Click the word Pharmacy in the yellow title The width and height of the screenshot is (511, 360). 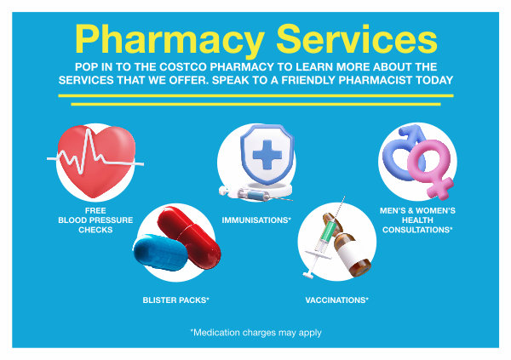169,40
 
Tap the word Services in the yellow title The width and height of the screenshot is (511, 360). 357,39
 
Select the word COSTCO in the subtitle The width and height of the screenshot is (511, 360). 183,66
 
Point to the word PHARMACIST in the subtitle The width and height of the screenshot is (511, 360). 376,80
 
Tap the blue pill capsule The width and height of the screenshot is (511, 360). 160,252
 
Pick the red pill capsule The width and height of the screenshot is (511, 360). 189,237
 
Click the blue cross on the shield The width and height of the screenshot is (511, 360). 267,154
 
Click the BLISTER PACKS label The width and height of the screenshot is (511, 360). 175,300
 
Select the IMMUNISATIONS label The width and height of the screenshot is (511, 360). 256,220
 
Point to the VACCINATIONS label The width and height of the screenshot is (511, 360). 336,300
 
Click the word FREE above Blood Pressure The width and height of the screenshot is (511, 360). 95,210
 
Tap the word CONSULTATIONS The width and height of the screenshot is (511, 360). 417,230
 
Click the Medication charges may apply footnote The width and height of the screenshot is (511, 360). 255,333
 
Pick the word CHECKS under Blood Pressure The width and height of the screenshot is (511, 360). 95,230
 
